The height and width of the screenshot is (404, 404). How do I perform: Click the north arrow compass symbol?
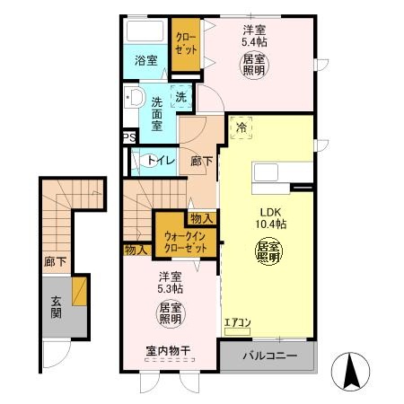(x=352, y=369)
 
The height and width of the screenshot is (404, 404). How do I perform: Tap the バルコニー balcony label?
(x=268, y=356)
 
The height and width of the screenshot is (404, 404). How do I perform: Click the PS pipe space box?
(x=128, y=137)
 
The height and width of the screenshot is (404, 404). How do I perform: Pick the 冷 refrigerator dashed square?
(x=241, y=128)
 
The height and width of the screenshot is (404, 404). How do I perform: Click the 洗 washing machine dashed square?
(x=181, y=97)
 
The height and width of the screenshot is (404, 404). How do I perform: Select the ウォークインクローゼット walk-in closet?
(x=186, y=241)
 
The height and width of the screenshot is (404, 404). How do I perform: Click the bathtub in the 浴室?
(x=145, y=31)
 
